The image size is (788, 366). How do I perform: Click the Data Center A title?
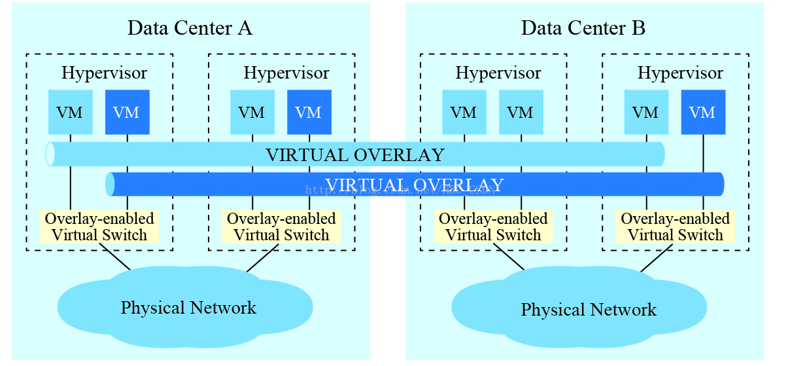click(190, 28)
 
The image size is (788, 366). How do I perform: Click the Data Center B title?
click(583, 28)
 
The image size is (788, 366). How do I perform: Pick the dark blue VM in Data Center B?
click(703, 112)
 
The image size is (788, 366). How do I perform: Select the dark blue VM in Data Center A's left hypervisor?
click(127, 112)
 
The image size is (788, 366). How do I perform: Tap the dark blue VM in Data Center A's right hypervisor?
click(309, 112)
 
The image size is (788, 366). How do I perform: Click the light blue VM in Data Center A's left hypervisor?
click(70, 112)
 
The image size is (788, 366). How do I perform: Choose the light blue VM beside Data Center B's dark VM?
click(646, 112)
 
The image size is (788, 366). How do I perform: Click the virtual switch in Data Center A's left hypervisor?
click(99, 227)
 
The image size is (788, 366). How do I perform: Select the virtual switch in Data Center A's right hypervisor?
click(281, 227)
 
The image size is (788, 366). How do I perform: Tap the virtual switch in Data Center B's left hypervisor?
click(493, 227)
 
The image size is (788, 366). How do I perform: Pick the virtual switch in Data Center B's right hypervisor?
click(675, 227)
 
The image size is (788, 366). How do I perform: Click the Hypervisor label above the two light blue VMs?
click(498, 72)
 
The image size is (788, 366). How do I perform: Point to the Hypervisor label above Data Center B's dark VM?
click(680, 72)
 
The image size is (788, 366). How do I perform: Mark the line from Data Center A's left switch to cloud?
click(114, 257)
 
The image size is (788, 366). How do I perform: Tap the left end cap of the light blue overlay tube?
click(50, 155)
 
